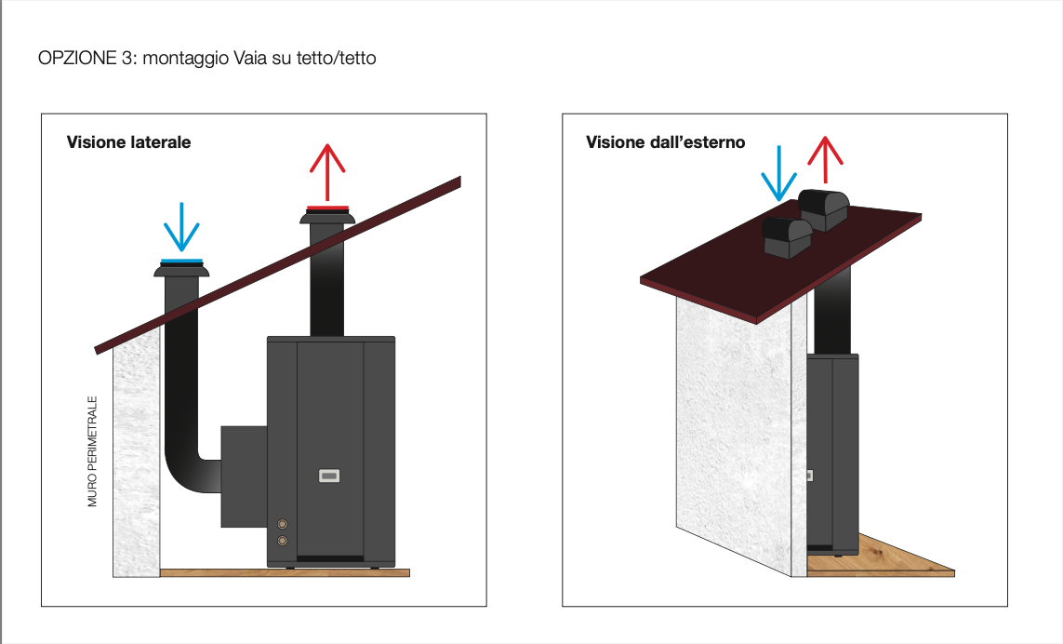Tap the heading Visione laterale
pyautogui.click(x=129, y=142)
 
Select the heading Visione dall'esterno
pyautogui.click(x=666, y=142)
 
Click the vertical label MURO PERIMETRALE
pyautogui.click(x=92, y=451)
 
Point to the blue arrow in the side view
pyautogui.click(x=181, y=227)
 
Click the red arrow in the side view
pyautogui.click(x=327, y=172)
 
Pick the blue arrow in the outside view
pyautogui.click(x=779, y=174)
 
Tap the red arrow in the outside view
pyautogui.click(x=825, y=160)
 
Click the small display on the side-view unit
pyautogui.click(x=329, y=476)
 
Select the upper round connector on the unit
pyautogui.click(x=283, y=524)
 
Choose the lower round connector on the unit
pyautogui.click(x=283, y=541)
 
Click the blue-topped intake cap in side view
pyautogui.click(x=181, y=268)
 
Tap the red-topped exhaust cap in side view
pyautogui.click(x=327, y=214)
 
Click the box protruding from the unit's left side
pyautogui.click(x=244, y=476)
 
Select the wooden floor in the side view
pyautogui.click(x=285, y=572)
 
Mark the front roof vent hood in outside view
pyautogui.click(x=787, y=237)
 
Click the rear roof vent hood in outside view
pyautogui.click(x=824, y=209)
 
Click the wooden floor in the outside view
pyautogui.click(x=882, y=560)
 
